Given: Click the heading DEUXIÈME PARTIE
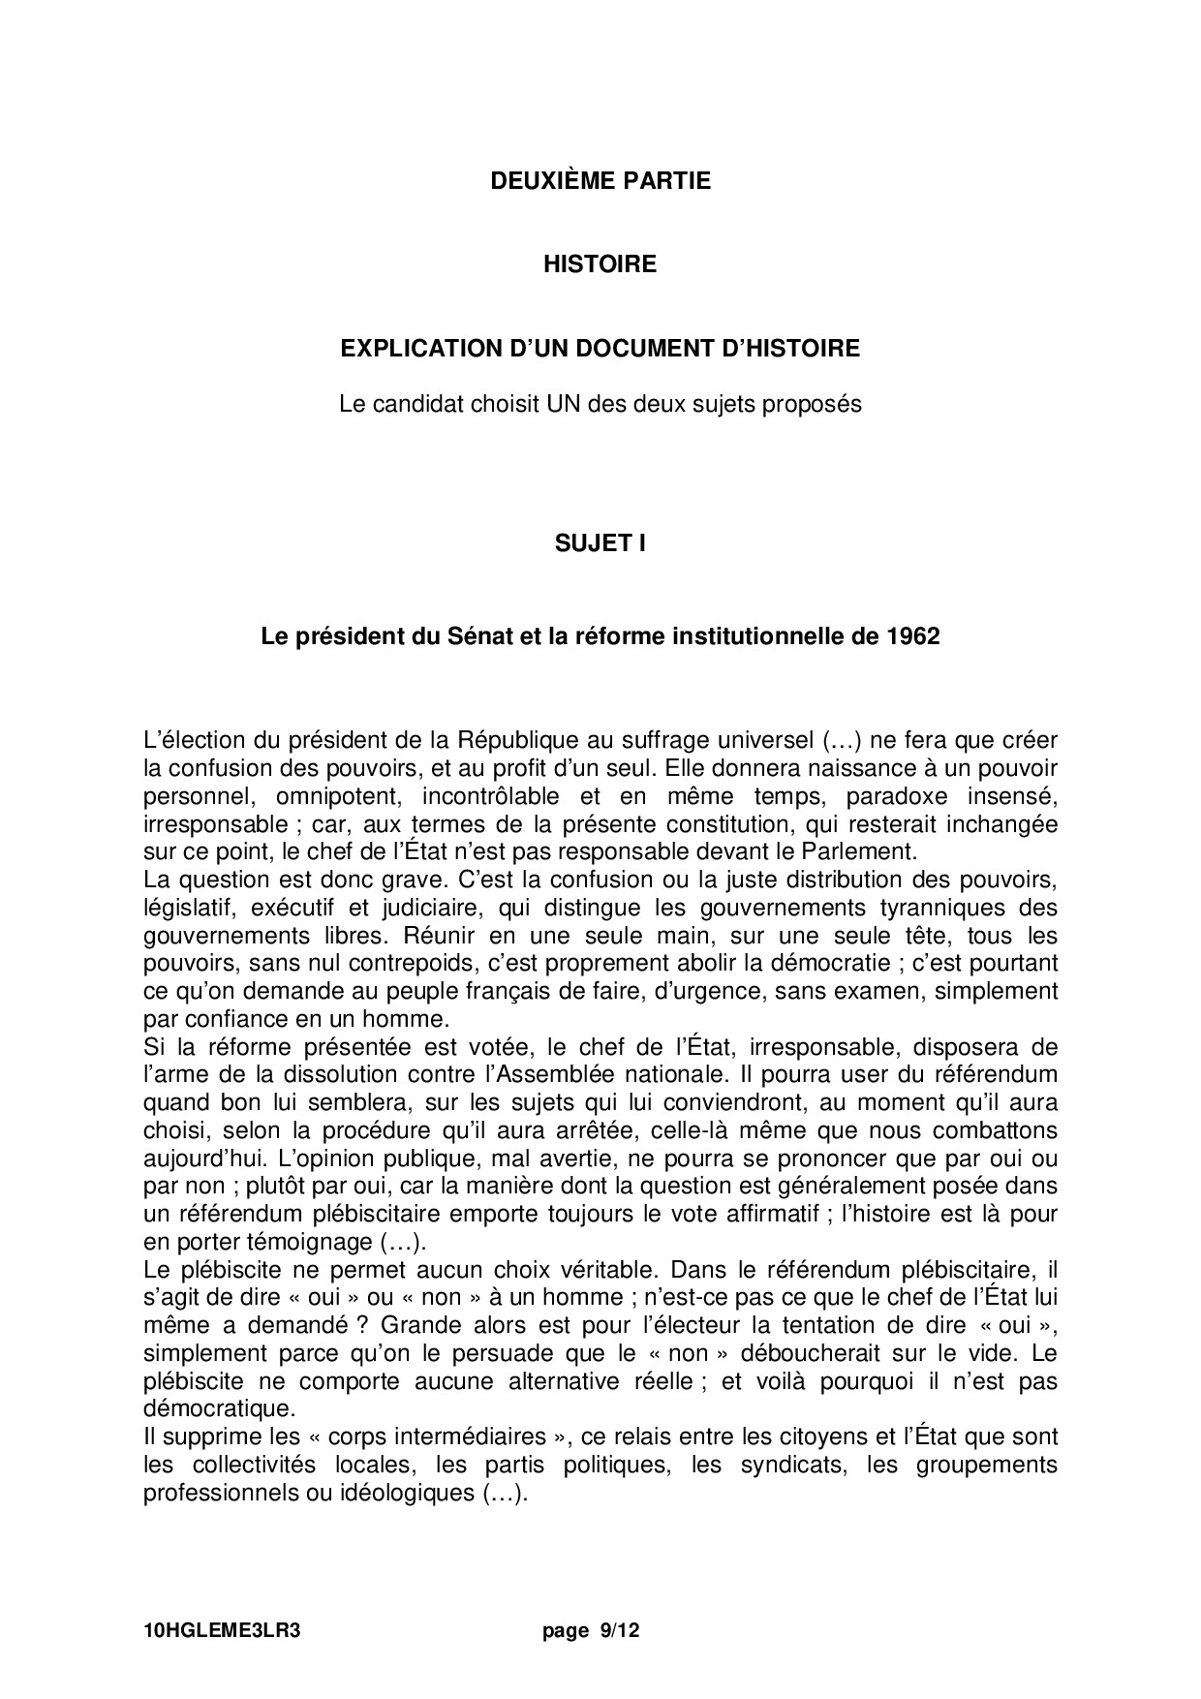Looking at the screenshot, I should pyautogui.click(x=600, y=181).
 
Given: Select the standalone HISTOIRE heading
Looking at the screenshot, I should pyautogui.click(x=600, y=264).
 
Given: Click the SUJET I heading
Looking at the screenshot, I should pyautogui.click(x=600, y=543).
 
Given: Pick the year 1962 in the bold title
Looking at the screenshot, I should pyautogui.click(x=912, y=636).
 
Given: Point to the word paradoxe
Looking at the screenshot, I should pyautogui.click(x=892, y=797).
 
